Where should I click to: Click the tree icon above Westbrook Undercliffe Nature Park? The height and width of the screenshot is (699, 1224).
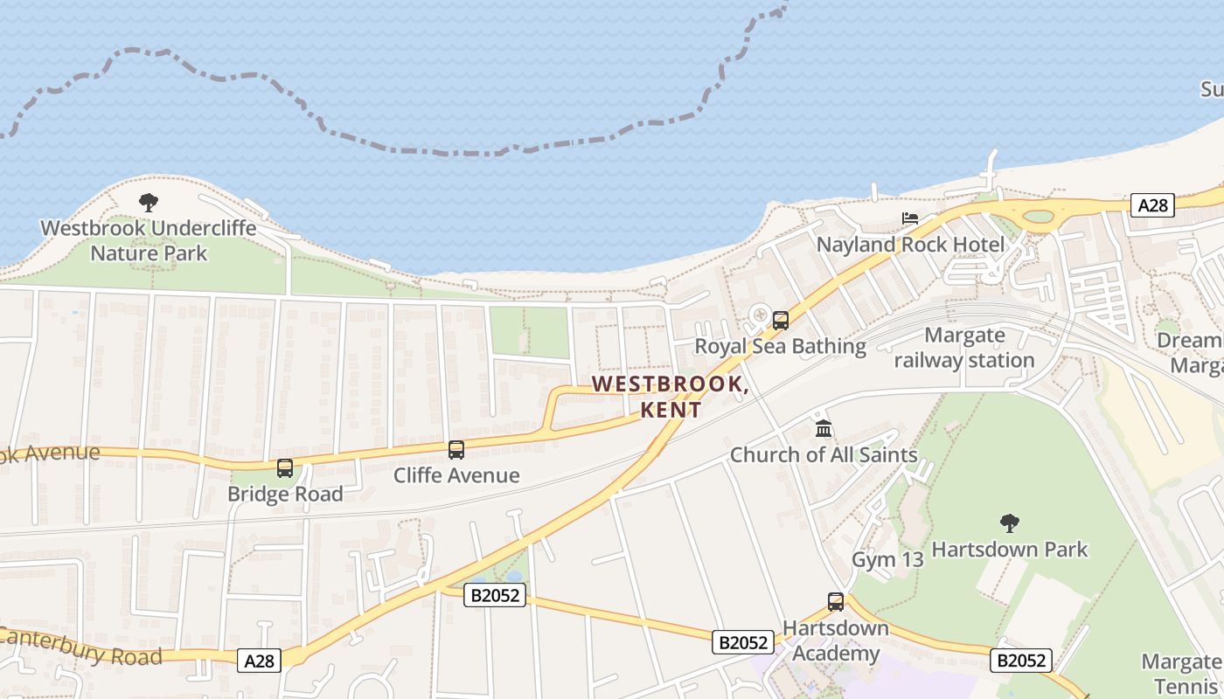click(x=149, y=203)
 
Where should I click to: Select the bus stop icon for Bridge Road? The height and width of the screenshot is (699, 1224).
click(x=285, y=468)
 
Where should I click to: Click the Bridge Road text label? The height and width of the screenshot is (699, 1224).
click(x=285, y=495)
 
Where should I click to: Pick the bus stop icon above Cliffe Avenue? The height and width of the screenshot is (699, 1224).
click(x=456, y=450)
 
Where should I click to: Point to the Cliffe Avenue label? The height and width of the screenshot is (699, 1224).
click(x=456, y=476)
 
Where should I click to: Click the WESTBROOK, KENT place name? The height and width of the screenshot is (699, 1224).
click(x=671, y=397)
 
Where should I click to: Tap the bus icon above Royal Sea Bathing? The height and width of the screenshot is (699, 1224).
click(x=781, y=321)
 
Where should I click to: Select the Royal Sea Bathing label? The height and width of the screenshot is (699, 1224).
click(x=780, y=347)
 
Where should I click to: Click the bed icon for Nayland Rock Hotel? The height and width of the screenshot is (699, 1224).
click(x=910, y=218)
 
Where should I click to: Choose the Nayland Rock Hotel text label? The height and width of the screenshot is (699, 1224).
click(x=910, y=245)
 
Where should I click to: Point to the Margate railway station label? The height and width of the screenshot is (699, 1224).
click(x=964, y=348)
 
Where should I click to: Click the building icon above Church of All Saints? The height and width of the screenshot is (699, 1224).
click(x=824, y=429)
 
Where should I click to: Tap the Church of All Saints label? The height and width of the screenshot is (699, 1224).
click(x=824, y=455)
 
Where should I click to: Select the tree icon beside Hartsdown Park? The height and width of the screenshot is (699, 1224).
click(x=1010, y=523)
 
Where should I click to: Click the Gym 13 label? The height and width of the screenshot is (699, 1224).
click(x=887, y=560)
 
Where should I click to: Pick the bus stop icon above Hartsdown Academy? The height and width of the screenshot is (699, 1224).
click(x=836, y=602)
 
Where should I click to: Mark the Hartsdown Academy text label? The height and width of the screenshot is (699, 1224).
click(x=835, y=641)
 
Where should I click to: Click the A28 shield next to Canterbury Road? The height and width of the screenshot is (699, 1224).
click(x=259, y=661)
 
